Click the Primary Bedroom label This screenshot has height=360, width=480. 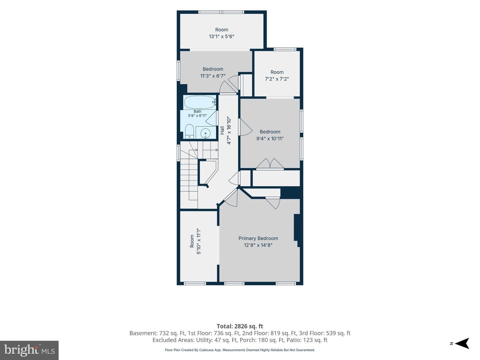click(258, 238)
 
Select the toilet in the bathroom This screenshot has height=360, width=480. click(189, 131)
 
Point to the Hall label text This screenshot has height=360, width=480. click(222, 130)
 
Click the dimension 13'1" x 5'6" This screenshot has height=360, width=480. click(222, 36)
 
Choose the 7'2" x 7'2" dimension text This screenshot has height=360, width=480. click(277, 79)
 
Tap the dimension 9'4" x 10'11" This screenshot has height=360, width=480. click(270, 138)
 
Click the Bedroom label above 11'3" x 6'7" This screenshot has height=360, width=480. click(213, 69)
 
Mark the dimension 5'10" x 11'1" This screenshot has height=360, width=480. click(199, 241)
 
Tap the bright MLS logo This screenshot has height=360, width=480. click(29, 350)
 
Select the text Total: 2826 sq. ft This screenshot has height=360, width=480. click(240, 326)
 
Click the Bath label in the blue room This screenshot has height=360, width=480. click(197, 111)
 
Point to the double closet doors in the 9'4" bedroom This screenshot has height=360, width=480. click(270, 164)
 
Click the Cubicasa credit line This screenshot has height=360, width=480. click(240, 350)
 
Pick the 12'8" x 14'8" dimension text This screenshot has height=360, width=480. click(258, 245)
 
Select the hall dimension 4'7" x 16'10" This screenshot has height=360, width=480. click(229, 130)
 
